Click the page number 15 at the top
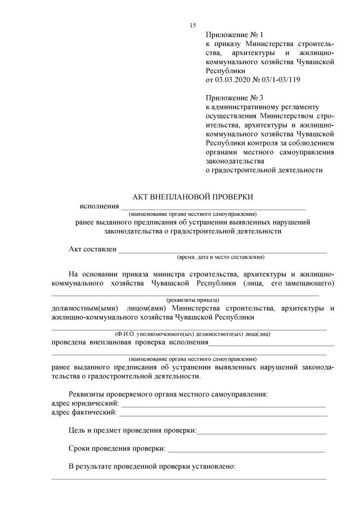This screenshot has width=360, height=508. [193, 25]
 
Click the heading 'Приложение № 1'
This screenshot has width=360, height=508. [230, 35]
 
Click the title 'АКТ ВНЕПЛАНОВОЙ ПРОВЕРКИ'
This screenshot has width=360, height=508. [192, 197]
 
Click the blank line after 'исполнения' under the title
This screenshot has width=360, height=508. [213, 208]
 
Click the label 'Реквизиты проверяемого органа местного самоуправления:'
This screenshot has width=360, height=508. [168, 394]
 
